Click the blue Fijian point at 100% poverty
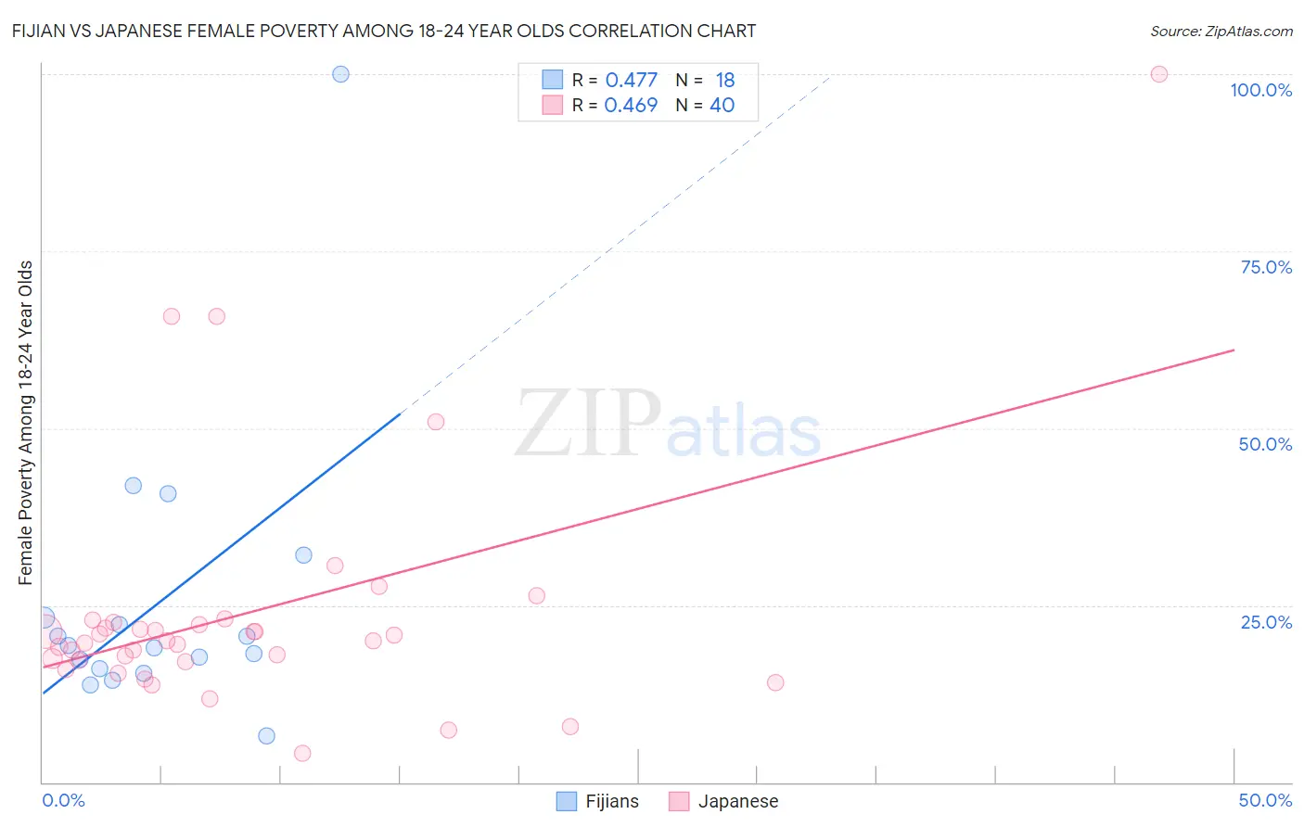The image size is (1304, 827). point(340,74)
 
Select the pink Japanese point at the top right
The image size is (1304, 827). point(1158,74)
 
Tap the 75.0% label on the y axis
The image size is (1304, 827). point(1266,267)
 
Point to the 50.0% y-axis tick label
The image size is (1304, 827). point(1265,444)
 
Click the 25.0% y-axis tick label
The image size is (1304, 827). point(1266,622)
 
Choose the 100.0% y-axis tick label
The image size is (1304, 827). point(1260,90)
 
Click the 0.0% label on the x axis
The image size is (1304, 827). point(63,800)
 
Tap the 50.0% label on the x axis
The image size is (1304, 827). point(1265,800)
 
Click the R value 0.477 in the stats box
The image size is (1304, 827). point(631,80)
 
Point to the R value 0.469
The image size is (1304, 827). point(631,105)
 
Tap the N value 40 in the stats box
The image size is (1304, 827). point(722,105)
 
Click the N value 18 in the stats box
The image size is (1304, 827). point(724,80)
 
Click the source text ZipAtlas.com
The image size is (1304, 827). point(1221,31)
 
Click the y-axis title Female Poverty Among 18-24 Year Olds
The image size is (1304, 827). point(26,423)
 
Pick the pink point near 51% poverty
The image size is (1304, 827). point(436,422)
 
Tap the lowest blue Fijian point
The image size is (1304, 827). point(266,736)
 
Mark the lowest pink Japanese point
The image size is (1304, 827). point(302,753)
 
